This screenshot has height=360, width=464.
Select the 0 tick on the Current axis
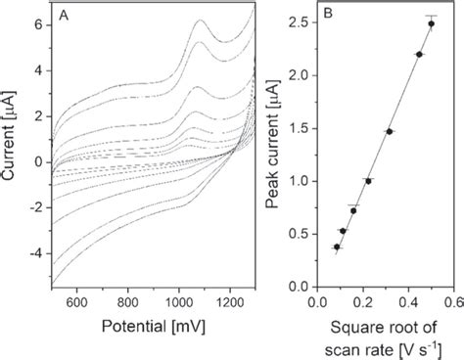pyautogui.click(x=37, y=161)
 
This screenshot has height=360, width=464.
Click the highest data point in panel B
pyautogui.click(x=431, y=22)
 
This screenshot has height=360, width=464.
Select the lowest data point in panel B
pyautogui.click(x=337, y=247)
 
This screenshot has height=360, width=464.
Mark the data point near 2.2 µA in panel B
pyautogui.click(x=419, y=54)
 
